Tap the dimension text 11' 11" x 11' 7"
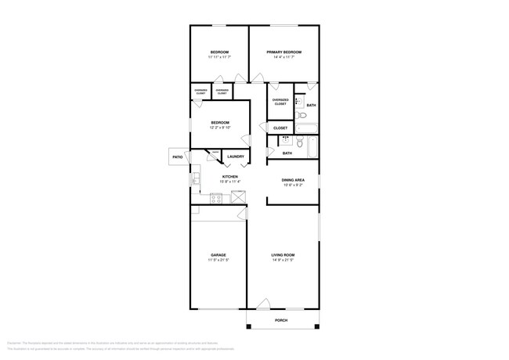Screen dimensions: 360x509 point(219,57)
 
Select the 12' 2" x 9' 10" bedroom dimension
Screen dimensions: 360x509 point(219,128)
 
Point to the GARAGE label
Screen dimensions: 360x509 point(218,255)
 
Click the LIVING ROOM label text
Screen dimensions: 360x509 point(283,255)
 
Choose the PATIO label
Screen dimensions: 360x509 point(177,157)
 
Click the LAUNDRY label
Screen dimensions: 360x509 point(235,157)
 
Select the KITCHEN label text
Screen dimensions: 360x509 point(229,177)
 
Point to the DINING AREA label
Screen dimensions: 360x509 point(293,180)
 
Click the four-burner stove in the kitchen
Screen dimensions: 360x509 point(215,199)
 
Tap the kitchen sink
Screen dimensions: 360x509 point(196,180)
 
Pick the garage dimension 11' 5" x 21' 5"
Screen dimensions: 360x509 point(218,261)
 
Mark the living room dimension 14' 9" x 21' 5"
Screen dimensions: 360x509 point(283,261)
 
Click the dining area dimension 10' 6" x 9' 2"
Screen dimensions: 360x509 point(293,185)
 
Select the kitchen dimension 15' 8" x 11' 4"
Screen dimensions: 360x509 point(229,182)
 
